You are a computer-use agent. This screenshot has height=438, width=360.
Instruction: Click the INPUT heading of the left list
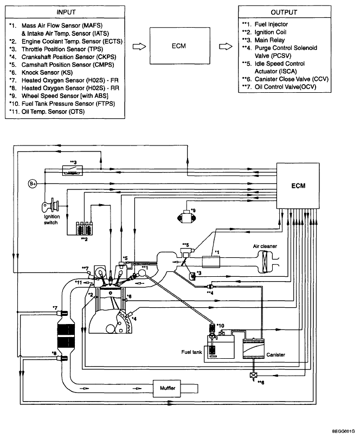(66, 12)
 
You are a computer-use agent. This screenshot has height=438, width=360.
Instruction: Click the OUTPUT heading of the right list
(284, 12)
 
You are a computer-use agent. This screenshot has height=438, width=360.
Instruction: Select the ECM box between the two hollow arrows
(179, 46)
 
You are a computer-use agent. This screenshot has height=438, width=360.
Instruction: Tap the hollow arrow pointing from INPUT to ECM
(139, 46)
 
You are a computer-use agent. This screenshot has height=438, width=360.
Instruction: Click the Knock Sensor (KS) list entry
(47, 73)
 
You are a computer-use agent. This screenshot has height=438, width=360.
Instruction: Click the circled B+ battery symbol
(33, 183)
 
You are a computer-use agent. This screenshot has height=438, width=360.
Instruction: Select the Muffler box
(167, 388)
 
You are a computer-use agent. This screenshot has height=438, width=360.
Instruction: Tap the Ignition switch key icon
(50, 206)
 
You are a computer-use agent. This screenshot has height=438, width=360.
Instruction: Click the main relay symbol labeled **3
(73, 170)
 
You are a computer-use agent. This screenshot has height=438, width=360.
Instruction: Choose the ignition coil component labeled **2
(84, 228)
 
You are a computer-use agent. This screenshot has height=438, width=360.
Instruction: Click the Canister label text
(275, 355)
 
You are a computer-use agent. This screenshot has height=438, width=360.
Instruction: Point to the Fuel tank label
(191, 352)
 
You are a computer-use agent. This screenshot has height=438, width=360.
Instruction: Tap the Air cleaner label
(265, 246)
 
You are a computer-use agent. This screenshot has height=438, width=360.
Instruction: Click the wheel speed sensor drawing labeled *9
(185, 217)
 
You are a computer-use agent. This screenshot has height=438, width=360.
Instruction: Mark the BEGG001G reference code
(343, 431)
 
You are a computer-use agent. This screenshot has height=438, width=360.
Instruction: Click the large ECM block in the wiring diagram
(298, 186)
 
